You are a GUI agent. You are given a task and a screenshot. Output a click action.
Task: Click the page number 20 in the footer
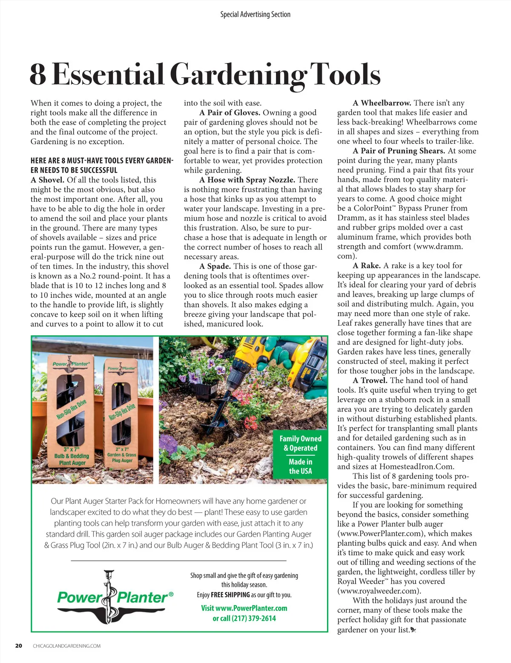pyautogui.click(x=18, y=646)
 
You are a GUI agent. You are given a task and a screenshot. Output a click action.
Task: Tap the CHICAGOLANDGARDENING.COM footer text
pyautogui.click(x=67, y=646)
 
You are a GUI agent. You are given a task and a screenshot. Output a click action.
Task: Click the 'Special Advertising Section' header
pyautogui.click(x=255, y=14)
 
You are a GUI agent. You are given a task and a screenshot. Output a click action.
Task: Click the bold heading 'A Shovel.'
pyautogui.click(x=47, y=180)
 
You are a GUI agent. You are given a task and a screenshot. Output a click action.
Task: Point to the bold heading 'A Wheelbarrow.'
pyautogui.click(x=382, y=103)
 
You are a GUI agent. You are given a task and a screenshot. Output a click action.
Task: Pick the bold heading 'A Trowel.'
pyautogui.click(x=370, y=380)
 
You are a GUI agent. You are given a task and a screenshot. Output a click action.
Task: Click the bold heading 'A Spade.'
pyautogui.click(x=215, y=266)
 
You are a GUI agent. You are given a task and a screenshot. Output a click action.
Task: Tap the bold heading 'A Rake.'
pyautogui.click(x=367, y=266)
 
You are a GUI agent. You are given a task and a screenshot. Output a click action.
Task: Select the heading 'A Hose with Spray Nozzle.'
pyautogui.click(x=247, y=180)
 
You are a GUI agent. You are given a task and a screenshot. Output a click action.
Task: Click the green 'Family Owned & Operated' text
pyautogui.click(x=300, y=443)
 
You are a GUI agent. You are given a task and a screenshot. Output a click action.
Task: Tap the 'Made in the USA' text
pyautogui.click(x=300, y=466)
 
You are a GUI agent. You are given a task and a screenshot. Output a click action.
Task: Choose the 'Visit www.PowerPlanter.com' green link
pyautogui.click(x=244, y=608)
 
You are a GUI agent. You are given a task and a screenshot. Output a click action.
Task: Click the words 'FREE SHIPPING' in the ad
pyautogui.click(x=230, y=595)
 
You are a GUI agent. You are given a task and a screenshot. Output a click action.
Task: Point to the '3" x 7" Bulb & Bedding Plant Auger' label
pyautogui.click(x=72, y=456)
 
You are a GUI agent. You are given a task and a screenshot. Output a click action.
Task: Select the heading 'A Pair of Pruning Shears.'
pyautogui.click(x=399, y=151)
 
